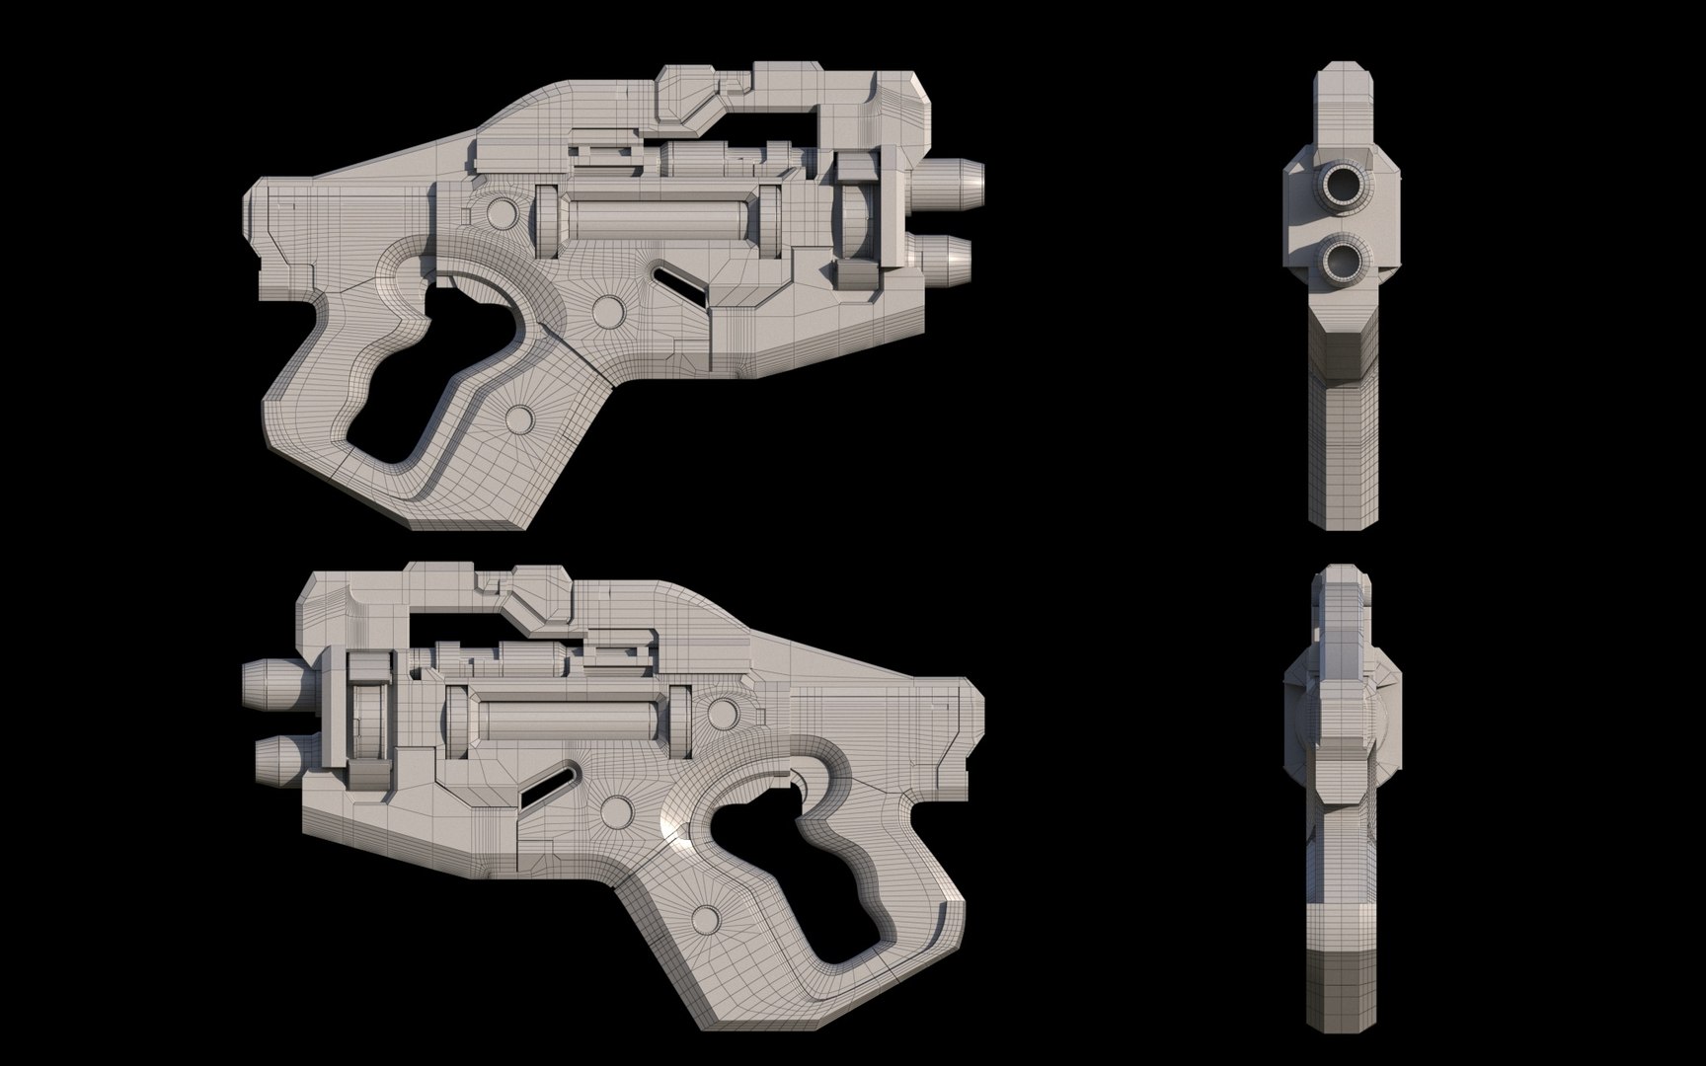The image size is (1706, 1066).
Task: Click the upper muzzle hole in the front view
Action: pyautogui.click(x=1347, y=184)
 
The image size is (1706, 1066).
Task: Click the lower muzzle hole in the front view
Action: pyautogui.click(x=1347, y=262)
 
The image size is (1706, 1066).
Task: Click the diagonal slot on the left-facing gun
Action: pyautogui.click(x=549, y=783)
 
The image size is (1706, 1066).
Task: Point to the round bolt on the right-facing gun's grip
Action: pyautogui.click(x=517, y=419)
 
